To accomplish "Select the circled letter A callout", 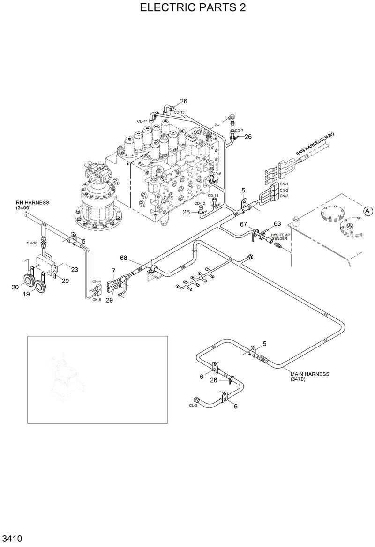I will (x=367, y=211).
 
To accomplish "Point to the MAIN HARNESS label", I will (x=310, y=377).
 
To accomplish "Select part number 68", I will (x=124, y=258).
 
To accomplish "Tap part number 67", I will (x=243, y=225).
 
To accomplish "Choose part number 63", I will (x=277, y=223).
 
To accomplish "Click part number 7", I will (x=113, y=271).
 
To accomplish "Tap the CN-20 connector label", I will (x=32, y=244).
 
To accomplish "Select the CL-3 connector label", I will (x=193, y=405).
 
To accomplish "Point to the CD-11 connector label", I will (x=142, y=121).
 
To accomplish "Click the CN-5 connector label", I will (x=97, y=299).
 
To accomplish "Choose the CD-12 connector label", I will (x=200, y=204).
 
